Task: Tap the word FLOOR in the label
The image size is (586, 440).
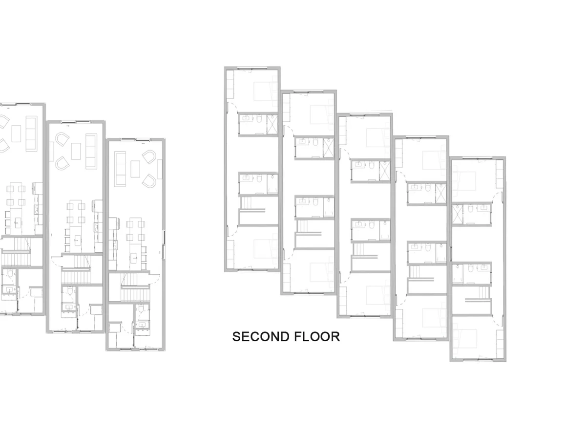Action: click(317, 337)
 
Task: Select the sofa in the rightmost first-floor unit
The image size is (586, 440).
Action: click(120, 169)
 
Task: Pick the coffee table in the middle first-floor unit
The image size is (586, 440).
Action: click(76, 151)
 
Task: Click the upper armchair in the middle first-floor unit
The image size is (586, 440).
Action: click(62, 139)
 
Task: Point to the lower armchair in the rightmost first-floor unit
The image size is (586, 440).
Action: click(149, 180)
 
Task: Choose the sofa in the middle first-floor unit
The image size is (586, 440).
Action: click(91, 152)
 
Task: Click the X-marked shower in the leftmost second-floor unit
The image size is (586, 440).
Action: click(272, 125)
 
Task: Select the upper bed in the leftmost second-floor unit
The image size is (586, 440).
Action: click(262, 91)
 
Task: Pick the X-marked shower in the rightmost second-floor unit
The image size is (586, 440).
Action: click(457, 214)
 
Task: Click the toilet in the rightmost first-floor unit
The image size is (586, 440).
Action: click(141, 309)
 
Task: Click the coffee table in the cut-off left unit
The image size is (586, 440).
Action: click(17, 133)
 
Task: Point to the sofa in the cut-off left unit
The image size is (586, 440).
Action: click(32, 133)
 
